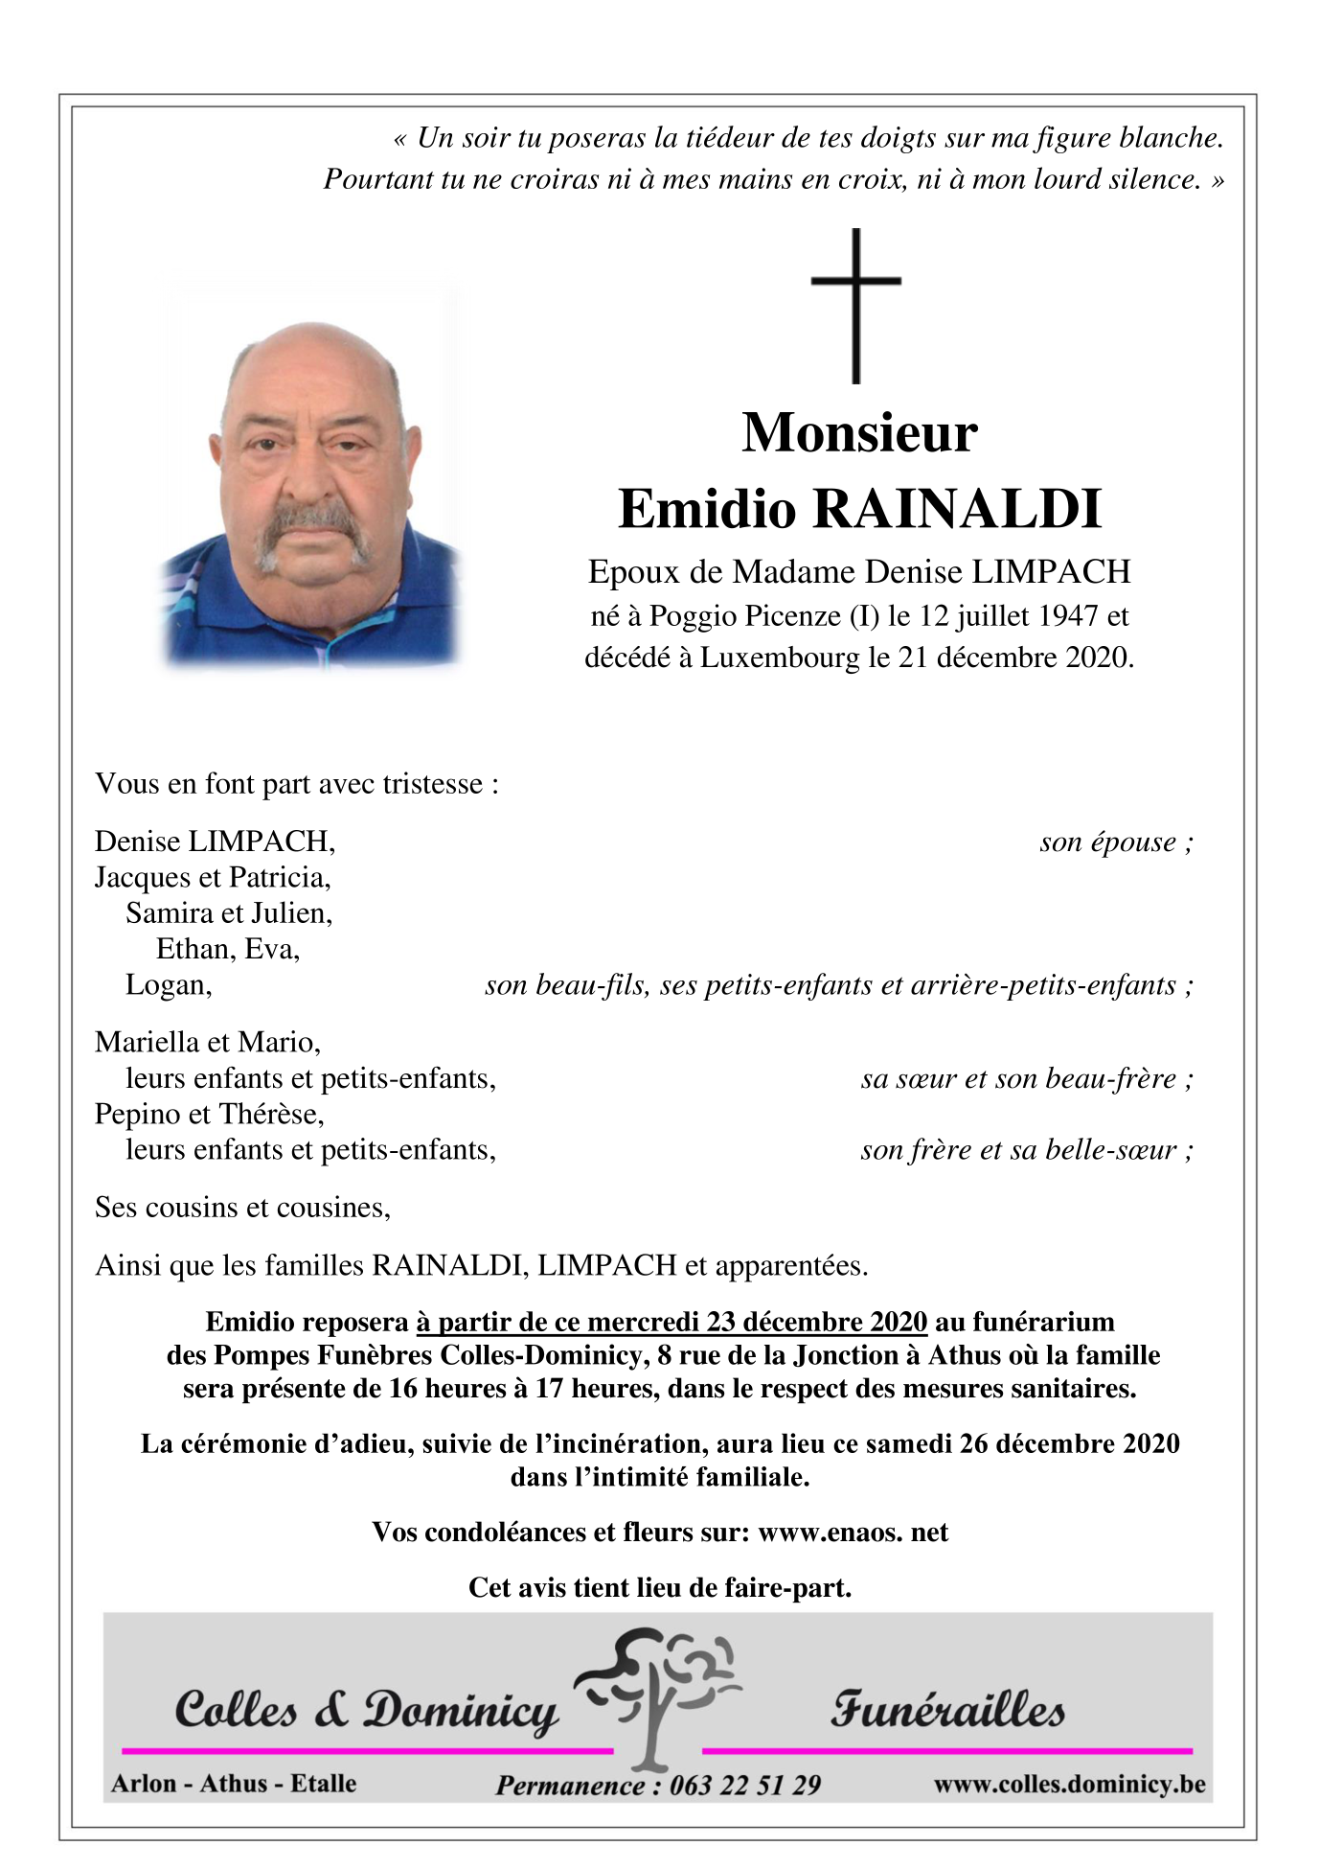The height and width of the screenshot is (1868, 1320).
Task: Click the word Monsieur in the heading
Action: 859,433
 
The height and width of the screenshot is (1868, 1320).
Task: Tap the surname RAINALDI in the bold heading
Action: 957,509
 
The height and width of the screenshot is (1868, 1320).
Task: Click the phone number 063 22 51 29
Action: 744,1785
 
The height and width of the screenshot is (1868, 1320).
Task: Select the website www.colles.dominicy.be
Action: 1069,1784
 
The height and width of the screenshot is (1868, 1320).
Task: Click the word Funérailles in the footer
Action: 947,1710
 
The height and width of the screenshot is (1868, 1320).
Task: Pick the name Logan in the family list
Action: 167,985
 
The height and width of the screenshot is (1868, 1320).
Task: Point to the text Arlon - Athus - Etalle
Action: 234,1783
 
